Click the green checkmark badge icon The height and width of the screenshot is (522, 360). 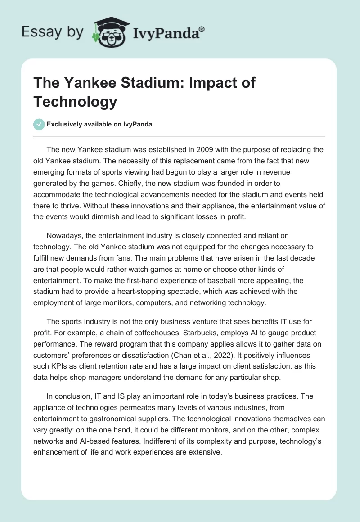pos(39,124)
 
